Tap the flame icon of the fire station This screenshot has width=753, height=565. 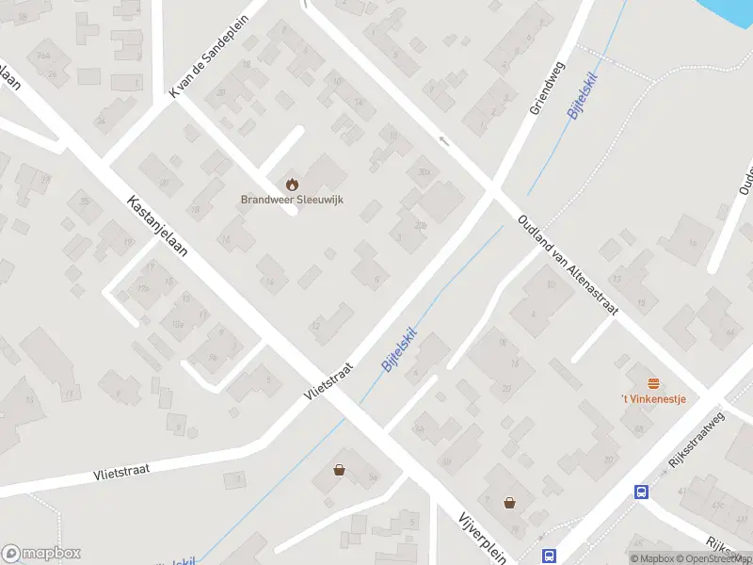click(x=291, y=182)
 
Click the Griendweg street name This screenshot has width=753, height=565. click(x=545, y=89)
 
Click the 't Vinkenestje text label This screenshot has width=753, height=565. click(x=653, y=399)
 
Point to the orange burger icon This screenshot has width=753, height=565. click(x=653, y=382)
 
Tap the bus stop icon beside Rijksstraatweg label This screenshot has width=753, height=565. click(x=641, y=492)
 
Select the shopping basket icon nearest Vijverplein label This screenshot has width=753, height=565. click(x=509, y=502)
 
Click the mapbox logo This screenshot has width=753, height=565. click(x=41, y=554)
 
